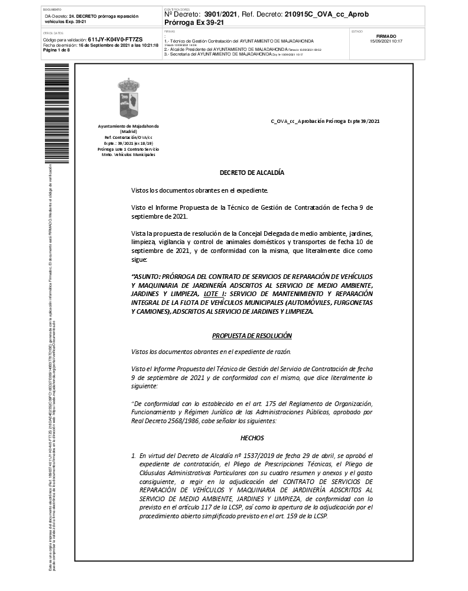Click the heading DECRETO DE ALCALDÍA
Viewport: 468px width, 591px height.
(x=252, y=173)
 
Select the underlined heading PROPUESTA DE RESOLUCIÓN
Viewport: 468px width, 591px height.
(x=252, y=335)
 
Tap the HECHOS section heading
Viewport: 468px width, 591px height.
(x=252, y=438)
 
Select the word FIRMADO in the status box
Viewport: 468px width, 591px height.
(x=386, y=36)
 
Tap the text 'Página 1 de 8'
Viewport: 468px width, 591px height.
(x=57, y=50)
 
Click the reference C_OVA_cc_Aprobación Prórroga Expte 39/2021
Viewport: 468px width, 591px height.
(x=324, y=121)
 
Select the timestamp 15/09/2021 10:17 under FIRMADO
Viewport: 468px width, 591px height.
(x=386, y=41)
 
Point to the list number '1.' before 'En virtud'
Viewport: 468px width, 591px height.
(x=134, y=456)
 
